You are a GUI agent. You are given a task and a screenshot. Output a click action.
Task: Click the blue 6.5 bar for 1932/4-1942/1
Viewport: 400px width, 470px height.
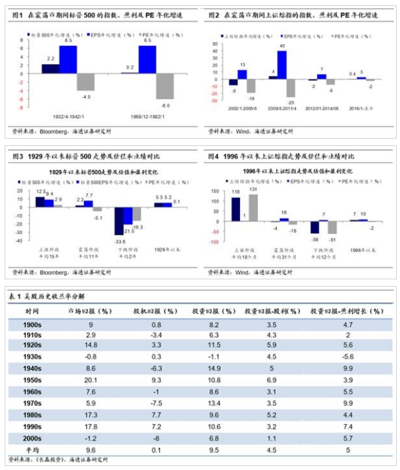coord(68,58)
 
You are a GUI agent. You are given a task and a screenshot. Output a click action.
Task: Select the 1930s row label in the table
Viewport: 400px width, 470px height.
coord(33,356)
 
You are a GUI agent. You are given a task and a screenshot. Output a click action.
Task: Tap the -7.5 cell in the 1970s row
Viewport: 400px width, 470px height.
coord(157,403)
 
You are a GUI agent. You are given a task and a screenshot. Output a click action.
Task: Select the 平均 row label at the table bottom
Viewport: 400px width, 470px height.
coord(33,449)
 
